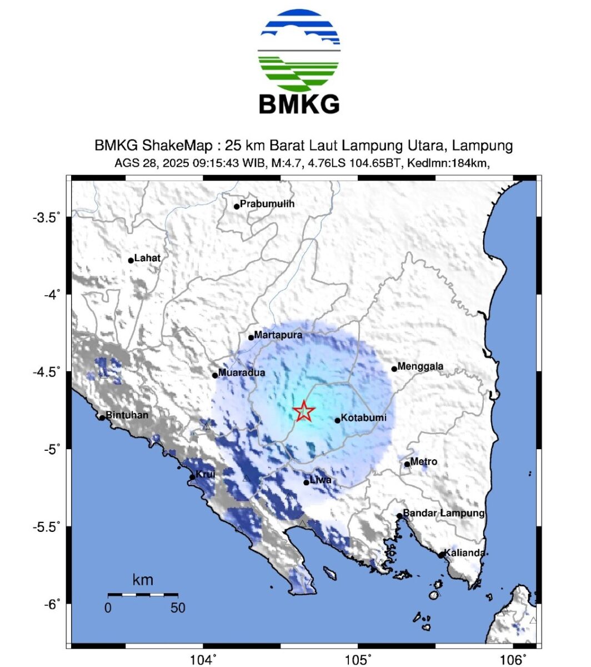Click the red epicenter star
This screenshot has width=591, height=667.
(x=304, y=412)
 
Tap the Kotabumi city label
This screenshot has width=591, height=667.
(x=363, y=418)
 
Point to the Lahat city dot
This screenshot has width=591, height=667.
(x=131, y=260)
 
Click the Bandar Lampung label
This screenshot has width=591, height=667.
(x=444, y=513)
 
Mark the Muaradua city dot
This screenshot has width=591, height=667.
(x=216, y=375)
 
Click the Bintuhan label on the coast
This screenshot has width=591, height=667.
(x=127, y=415)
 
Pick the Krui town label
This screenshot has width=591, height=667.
(x=206, y=474)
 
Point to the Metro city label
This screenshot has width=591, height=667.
(x=424, y=462)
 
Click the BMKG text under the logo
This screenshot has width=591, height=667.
(x=299, y=104)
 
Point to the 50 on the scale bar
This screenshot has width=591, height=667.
(x=178, y=608)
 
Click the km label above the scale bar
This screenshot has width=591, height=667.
(x=143, y=581)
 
